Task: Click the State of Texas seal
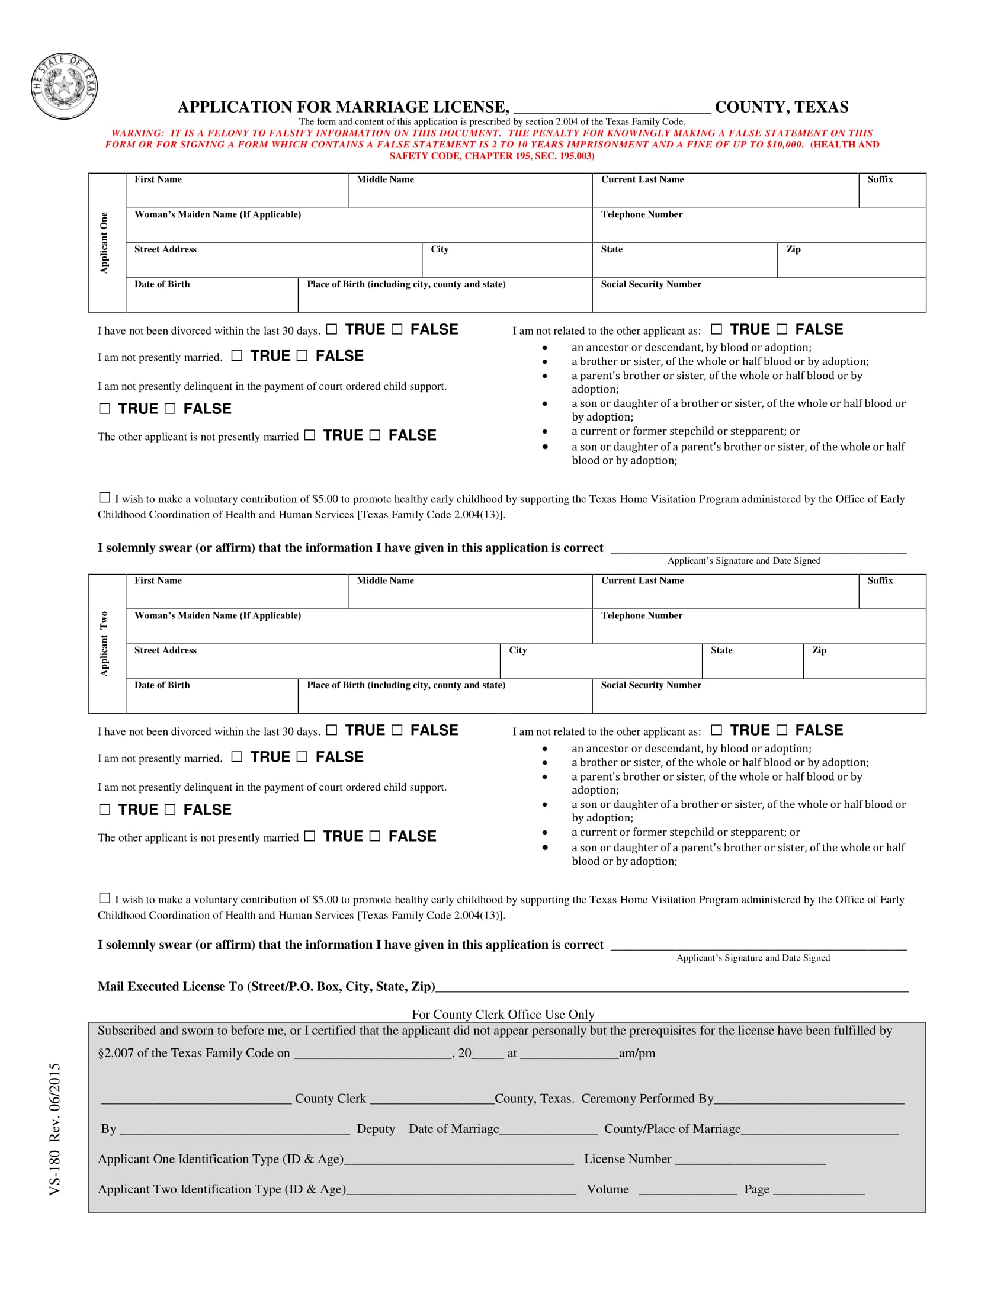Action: point(64,86)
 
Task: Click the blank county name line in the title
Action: point(611,108)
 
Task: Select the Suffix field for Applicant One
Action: point(892,192)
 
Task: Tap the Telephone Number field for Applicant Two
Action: point(758,628)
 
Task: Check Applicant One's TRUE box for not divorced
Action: point(332,329)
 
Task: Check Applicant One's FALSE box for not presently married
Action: point(303,355)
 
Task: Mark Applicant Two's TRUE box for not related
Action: point(717,730)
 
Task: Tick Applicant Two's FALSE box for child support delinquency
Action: point(170,810)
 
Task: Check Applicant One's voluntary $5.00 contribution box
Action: point(104,497)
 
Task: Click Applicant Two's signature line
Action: point(758,948)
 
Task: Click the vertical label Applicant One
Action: point(104,243)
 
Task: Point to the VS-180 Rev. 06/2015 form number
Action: point(55,1129)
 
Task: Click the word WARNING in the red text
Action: point(137,134)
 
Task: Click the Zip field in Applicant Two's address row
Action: point(864,663)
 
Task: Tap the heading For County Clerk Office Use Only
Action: point(503,1014)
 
